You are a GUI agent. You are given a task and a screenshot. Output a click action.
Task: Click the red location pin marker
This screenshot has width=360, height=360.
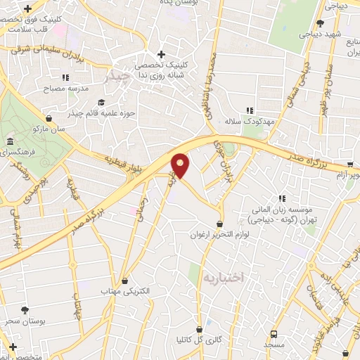[x=181, y=165]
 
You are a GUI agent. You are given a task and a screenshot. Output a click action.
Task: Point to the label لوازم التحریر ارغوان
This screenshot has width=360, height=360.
[x=220, y=234]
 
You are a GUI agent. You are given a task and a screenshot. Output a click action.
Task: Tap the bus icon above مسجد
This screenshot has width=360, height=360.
[x=274, y=333]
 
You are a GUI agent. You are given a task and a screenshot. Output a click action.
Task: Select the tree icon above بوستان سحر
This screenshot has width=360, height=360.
[x=25, y=309]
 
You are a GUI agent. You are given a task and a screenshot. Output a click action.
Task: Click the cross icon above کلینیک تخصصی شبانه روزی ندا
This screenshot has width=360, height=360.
[x=161, y=54]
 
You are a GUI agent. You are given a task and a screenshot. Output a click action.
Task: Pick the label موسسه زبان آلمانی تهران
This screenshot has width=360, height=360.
[x=282, y=214]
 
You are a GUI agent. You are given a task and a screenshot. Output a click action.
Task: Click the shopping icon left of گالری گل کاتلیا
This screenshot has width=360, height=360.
[x=199, y=328]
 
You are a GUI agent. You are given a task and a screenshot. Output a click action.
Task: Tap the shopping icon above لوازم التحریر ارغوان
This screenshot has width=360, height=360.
[x=220, y=224]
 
